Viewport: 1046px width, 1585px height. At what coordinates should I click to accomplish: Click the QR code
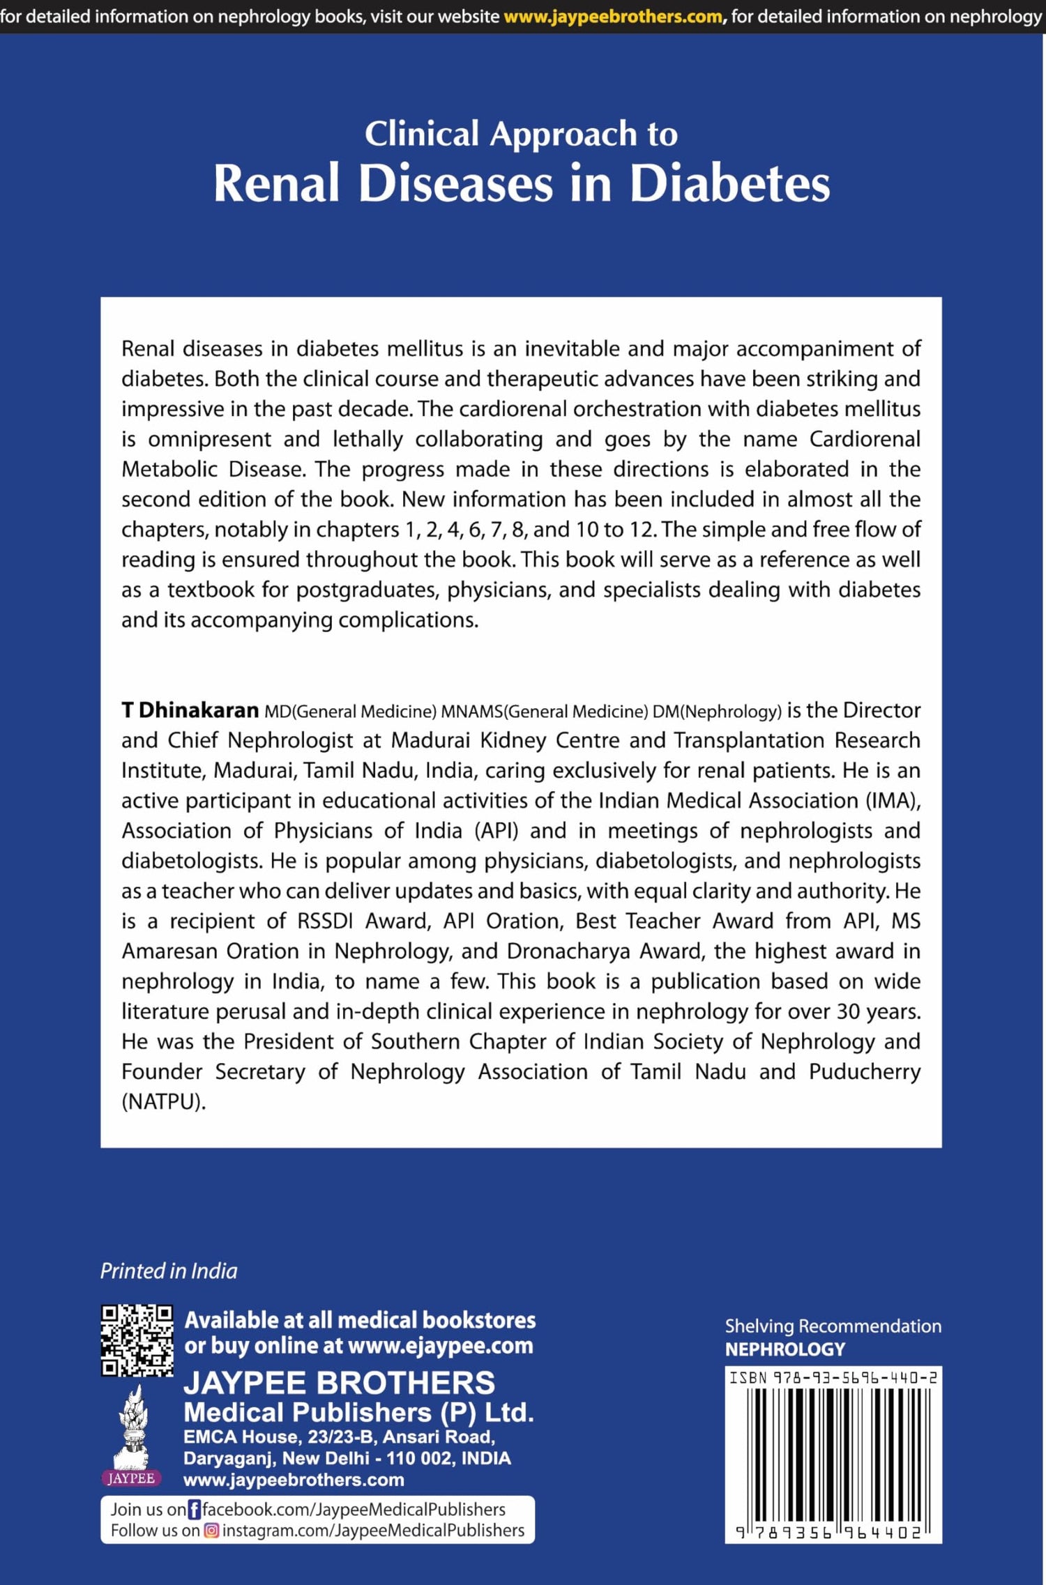[x=137, y=1340]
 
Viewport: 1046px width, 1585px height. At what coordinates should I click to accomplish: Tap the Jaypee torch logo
[x=131, y=1436]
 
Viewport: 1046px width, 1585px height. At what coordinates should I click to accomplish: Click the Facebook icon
[x=195, y=1510]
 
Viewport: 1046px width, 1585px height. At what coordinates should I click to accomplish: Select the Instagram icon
[x=211, y=1531]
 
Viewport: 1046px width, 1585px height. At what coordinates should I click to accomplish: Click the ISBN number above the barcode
[x=833, y=1377]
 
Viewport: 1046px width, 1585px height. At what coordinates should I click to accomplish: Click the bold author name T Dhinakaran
[x=190, y=710]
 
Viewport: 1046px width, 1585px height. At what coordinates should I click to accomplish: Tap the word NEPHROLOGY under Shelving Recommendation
[x=784, y=1349]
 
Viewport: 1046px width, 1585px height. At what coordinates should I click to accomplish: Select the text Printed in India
[x=169, y=1271]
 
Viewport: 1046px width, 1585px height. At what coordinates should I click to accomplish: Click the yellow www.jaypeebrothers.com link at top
[x=613, y=16]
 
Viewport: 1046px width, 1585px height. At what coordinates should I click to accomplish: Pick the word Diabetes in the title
[x=729, y=183]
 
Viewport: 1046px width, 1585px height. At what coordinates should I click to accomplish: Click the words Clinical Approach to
[x=521, y=133]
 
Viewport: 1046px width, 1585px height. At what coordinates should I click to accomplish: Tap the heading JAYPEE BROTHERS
[x=339, y=1383]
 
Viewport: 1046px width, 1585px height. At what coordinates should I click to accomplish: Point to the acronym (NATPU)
[x=164, y=1101]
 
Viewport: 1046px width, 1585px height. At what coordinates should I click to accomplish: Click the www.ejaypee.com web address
[x=440, y=1345]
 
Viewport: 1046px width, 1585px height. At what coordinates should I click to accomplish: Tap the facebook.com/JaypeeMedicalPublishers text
[x=354, y=1510]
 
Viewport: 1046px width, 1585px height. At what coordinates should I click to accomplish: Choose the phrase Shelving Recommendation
[x=833, y=1326]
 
